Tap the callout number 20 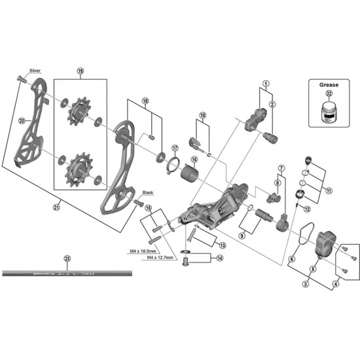pyautogui.click(x=22, y=120)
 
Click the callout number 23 pyautogui.click(x=67, y=258)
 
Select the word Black pyautogui.click(x=148, y=192)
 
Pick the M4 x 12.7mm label pyautogui.click(x=160, y=258)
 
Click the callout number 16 pyautogui.click(x=194, y=159)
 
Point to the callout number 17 pyautogui.click(x=175, y=148)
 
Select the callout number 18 pyautogui.click(x=145, y=101)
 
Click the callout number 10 pyautogui.click(x=203, y=115)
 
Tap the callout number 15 pyautogui.click(x=149, y=209)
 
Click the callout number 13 pyautogui.click(x=222, y=245)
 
